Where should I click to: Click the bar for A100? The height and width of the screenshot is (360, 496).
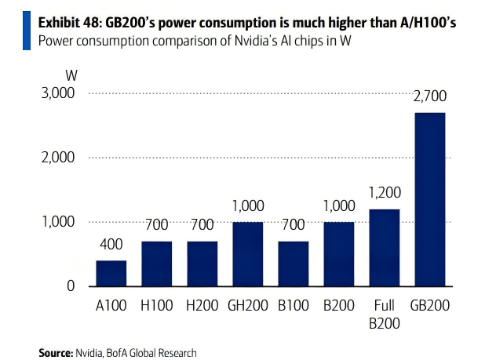(x=111, y=273)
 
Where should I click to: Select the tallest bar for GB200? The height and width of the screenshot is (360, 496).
(x=429, y=199)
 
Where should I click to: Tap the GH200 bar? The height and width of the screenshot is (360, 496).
(x=247, y=254)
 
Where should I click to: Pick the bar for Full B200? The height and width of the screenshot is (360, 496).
(x=384, y=248)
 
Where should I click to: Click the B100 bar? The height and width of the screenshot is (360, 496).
(x=293, y=264)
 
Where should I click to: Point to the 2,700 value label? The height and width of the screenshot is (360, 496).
(x=429, y=99)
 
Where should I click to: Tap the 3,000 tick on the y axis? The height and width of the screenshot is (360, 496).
(x=57, y=93)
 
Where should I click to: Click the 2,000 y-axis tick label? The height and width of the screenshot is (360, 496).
(x=57, y=158)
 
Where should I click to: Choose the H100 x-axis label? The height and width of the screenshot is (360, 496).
(x=156, y=305)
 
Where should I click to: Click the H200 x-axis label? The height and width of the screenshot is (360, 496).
(x=202, y=305)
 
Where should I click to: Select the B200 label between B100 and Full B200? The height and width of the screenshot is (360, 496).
(x=338, y=305)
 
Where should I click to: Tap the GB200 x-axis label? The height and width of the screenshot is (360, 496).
(x=429, y=305)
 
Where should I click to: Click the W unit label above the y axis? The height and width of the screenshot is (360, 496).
(x=71, y=75)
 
